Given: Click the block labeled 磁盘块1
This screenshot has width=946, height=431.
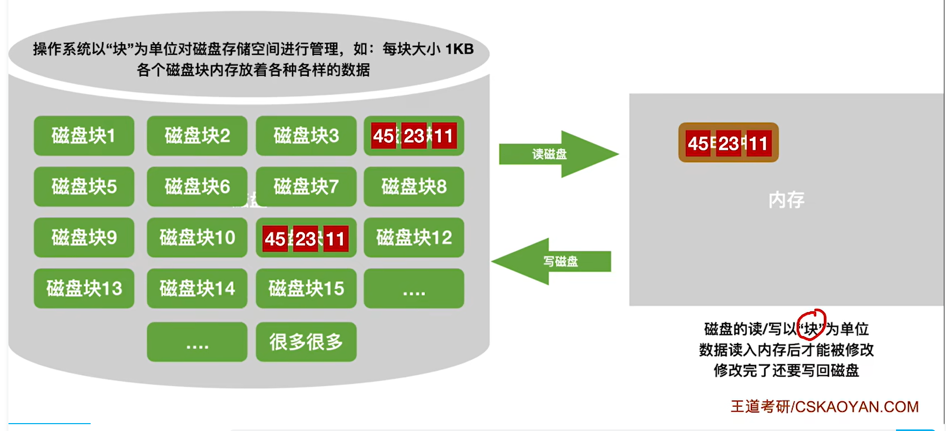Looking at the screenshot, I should (x=84, y=136).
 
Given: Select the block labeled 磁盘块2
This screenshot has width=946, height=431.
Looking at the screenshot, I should (x=197, y=136).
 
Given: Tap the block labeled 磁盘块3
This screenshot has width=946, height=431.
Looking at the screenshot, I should (x=306, y=136).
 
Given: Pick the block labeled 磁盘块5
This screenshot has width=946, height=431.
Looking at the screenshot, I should (x=84, y=187).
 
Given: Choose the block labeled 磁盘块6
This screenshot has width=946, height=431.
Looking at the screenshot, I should (x=197, y=187).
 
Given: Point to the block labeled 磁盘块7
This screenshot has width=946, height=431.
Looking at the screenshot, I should (x=306, y=187).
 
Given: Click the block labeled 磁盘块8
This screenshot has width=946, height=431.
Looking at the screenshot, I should (x=414, y=187).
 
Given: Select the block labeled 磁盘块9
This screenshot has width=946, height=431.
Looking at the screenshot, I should (x=84, y=238).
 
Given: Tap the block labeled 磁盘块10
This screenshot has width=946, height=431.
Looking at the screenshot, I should (x=197, y=238).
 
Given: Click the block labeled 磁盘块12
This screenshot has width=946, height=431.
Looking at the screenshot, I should (x=414, y=238).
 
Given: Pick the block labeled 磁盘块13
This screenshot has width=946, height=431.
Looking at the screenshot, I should (x=84, y=288).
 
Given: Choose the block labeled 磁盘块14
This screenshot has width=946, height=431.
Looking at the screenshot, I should (x=197, y=288).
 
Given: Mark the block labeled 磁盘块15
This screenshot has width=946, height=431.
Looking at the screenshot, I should (x=306, y=288).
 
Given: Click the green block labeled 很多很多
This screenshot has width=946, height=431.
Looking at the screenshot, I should (x=306, y=342).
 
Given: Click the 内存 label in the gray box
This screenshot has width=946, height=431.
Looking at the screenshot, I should (x=786, y=200).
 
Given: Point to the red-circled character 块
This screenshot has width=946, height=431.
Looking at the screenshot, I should (x=811, y=329).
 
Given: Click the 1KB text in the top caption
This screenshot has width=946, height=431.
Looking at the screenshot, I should (x=459, y=49).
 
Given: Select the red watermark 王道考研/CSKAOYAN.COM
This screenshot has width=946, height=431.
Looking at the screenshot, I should (x=824, y=407).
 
